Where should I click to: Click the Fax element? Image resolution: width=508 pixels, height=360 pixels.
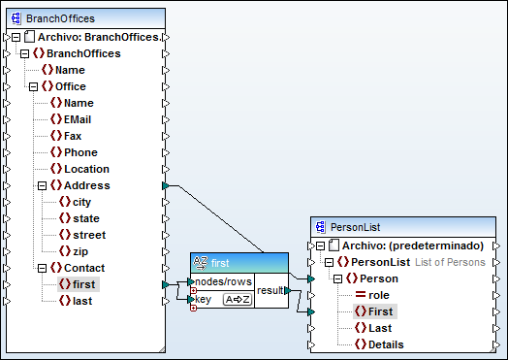73,136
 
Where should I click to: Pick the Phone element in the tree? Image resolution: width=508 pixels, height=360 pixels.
80,152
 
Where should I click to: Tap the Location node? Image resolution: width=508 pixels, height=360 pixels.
86,169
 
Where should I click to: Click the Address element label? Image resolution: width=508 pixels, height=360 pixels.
86,185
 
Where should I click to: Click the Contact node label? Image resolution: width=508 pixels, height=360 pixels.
84,268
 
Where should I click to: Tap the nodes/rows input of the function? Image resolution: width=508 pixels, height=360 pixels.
223,281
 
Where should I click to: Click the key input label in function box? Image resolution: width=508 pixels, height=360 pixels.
205,300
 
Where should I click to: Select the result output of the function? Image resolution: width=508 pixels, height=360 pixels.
270,290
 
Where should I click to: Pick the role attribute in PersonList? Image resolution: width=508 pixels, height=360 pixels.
379,294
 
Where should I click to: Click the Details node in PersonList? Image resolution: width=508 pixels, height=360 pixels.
386,344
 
